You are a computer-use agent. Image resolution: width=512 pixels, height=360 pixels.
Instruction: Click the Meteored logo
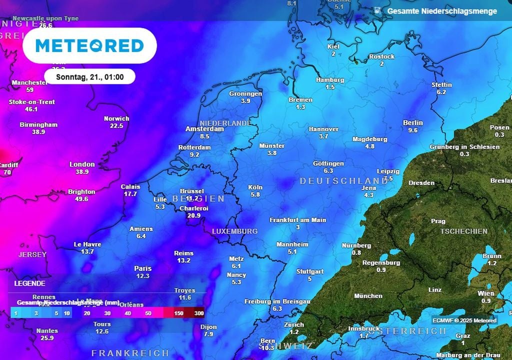(90, 45)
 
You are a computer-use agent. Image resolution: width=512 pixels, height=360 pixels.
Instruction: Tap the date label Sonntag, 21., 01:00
(89, 77)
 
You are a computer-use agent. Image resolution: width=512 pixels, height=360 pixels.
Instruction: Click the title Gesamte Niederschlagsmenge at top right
(442, 11)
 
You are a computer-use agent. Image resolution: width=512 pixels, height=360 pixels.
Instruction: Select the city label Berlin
(412, 122)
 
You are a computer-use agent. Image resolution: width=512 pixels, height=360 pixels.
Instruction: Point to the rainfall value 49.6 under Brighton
(81, 199)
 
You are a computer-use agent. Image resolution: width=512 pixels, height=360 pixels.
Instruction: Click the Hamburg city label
(330, 80)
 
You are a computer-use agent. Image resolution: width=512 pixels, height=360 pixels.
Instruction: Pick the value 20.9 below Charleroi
(193, 215)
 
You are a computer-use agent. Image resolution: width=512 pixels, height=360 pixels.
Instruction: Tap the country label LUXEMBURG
(234, 231)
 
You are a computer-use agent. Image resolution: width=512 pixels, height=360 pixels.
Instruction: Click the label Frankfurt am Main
(298, 220)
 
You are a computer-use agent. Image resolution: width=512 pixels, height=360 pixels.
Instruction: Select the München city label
(368, 296)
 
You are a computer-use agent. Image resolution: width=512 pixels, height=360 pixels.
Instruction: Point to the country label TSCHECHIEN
(463, 231)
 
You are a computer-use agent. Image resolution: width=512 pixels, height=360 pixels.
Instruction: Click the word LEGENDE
(29, 283)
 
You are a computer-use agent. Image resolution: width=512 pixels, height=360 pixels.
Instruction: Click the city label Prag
(438, 221)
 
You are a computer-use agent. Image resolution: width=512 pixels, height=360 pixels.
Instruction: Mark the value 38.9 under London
(82, 171)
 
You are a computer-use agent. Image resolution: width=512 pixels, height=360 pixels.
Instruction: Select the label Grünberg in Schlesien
(464, 147)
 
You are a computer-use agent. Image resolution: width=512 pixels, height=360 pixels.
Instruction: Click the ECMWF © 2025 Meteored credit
(464, 320)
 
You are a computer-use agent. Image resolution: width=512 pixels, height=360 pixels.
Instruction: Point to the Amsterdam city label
(204, 129)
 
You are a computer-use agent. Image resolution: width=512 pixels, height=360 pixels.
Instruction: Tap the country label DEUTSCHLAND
(344, 181)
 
